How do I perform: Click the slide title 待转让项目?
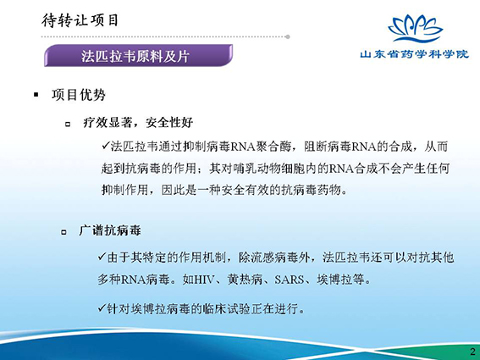pyautogui.click(x=80, y=20)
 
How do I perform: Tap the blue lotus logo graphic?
pyautogui.click(x=415, y=29)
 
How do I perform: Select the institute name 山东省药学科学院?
pyautogui.click(x=414, y=54)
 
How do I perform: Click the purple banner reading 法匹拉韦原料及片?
pyautogui.click(x=138, y=55)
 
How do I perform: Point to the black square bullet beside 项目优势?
pyautogui.click(x=36, y=95)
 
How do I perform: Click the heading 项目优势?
pyautogui.click(x=79, y=95)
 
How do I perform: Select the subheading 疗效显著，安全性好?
pyautogui.click(x=138, y=123)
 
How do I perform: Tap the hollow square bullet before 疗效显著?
pyautogui.click(x=68, y=125)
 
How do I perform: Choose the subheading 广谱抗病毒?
pyautogui.click(x=110, y=230)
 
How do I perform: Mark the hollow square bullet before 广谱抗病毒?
pyautogui.click(x=63, y=232)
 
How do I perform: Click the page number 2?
pyautogui.click(x=472, y=352)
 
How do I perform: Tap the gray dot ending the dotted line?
pyautogui.click(x=288, y=36)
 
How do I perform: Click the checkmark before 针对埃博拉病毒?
pyautogui.click(x=102, y=307)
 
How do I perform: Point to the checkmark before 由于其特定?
pyautogui.click(x=102, y=256)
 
